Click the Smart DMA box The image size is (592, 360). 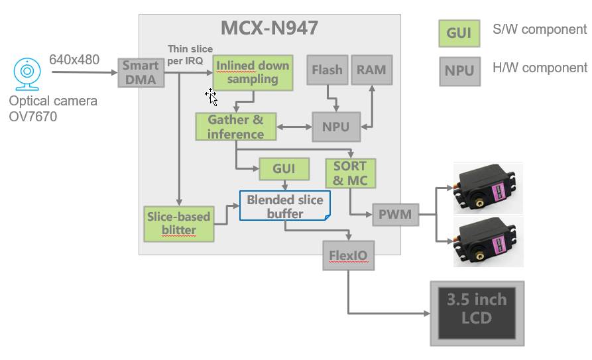(x=141, y=72)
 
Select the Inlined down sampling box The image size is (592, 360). (x=253, y=72)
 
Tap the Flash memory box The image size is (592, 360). (x=327, y=70)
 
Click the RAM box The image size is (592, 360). (x=371, y=70)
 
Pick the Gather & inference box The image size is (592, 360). (x=235, y=127)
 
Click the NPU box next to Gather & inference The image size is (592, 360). (x=336, y=127)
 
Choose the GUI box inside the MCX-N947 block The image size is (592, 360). (x=284, y=169)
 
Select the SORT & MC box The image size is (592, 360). (x=350, y=173)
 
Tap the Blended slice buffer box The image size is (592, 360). (x=284, y=206)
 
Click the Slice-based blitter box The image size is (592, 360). (x=179, y=223)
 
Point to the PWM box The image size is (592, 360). (x=395, y=215)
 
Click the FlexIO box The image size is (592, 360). (x=348, y=255)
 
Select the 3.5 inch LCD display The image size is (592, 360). (x=477, y=313)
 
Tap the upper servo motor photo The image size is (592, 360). (x=487, y=188)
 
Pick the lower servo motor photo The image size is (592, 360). (x=487, y=241)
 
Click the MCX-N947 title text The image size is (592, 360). (x=269, y=29)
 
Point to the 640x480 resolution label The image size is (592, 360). (x=74, y=60)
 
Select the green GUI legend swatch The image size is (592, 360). (x=459, y=33)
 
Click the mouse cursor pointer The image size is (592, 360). (x=211, y=96)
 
